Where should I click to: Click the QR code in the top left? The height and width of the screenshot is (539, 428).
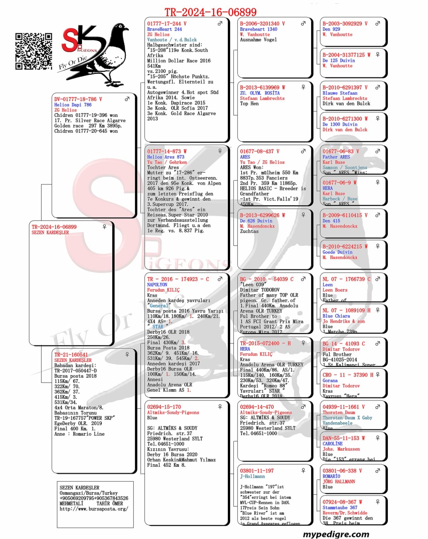[34, 51]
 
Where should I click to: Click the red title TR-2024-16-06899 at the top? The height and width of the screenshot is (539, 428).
[210, 12]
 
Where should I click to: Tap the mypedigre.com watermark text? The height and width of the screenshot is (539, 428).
[336, 534]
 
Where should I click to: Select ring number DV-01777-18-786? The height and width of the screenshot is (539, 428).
[78, 99]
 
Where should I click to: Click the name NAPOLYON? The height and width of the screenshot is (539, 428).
[157, 285]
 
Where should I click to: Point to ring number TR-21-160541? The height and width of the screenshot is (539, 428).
[71, 355]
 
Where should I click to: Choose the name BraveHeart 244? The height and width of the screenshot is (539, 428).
[164, 29]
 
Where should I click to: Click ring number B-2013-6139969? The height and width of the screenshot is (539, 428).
[263, 88]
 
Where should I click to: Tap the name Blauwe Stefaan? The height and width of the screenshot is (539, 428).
[340, 93]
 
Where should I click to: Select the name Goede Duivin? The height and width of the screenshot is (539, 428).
[337, 252]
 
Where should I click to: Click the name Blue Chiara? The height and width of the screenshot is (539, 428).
[336, 316]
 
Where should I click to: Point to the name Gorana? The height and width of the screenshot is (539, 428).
[330, 380]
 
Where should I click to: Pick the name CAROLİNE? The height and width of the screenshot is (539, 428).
[333, 444]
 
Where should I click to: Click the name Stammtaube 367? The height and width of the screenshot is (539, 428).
[340, 507]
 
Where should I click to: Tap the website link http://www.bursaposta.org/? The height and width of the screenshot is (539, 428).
[94, 509]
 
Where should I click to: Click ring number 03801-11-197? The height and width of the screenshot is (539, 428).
[257, 471]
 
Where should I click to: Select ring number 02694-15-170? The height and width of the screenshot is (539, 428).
[164, 407]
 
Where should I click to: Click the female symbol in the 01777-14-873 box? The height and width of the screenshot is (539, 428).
[220, 151]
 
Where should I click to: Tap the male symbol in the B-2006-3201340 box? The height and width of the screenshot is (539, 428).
[303, 24]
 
